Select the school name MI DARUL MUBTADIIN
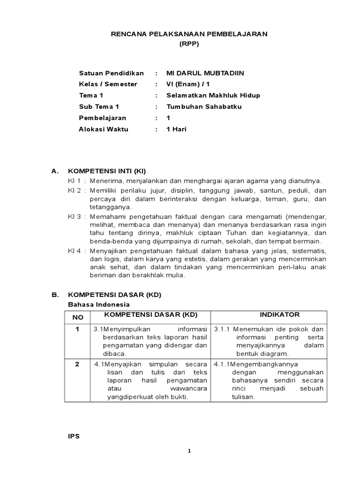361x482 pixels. pyautogui.click(x=205, y=73)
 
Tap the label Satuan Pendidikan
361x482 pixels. pyautogui.click(x=108, y=73)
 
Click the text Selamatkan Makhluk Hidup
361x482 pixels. pyautogui.click(x=213, y=96)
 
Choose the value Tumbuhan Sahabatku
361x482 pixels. pyautogui.click(x=204, y=107)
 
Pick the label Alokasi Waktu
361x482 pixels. pyautogui.click(x=103, y=129)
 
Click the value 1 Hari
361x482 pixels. pyautogui.click(x=177, y=129)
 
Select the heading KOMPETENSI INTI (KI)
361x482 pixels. pyautogui.click(x=111, y=171)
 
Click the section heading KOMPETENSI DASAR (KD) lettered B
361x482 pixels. pyautogui.click(x=115, y=295)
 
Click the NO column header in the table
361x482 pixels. pyautogui.click(x=78, y=318)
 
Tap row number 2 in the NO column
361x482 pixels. pyautogui.click(x=78, y=364)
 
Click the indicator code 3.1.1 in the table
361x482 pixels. pyautogui.click(x=222, y=329)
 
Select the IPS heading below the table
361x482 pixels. pyautogui.click(x=74, y=436)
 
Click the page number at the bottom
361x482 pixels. pyautogui.click(x=189, y=450)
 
